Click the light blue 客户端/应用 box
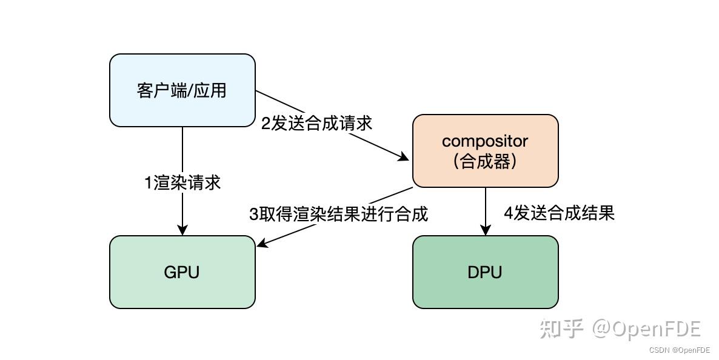pyautogui.click(x=182, y=90)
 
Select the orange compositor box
pyautogui.click(x=485, y=151)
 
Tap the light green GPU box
pyautogui.click(x=182, y=272)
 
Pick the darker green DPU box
pyautogui.click(x=485, y=272)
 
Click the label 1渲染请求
pyautogui.click(x=182, y=182)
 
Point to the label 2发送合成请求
pyautogui.click(x=316, y=123)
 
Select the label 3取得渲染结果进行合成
pyautogui.click(x=338, y=214)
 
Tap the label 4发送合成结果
pyautogui.click(x=559, y=213)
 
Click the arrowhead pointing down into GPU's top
pyautogui.click(x=182, y=230)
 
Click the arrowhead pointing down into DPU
pyautogui.click(x=485, y=230)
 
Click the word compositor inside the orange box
pyautogui.click(x=485, y=141)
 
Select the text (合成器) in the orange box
pyautogui.click(x=485, y=162)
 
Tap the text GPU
pyautogui.click(x=182, y=272)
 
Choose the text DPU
pyautogui.click(x=485, y=272)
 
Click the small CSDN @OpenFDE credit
pyautogui.click(x=679, y=350)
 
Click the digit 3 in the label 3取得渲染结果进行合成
pyautogui.click(x=254, y=214)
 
